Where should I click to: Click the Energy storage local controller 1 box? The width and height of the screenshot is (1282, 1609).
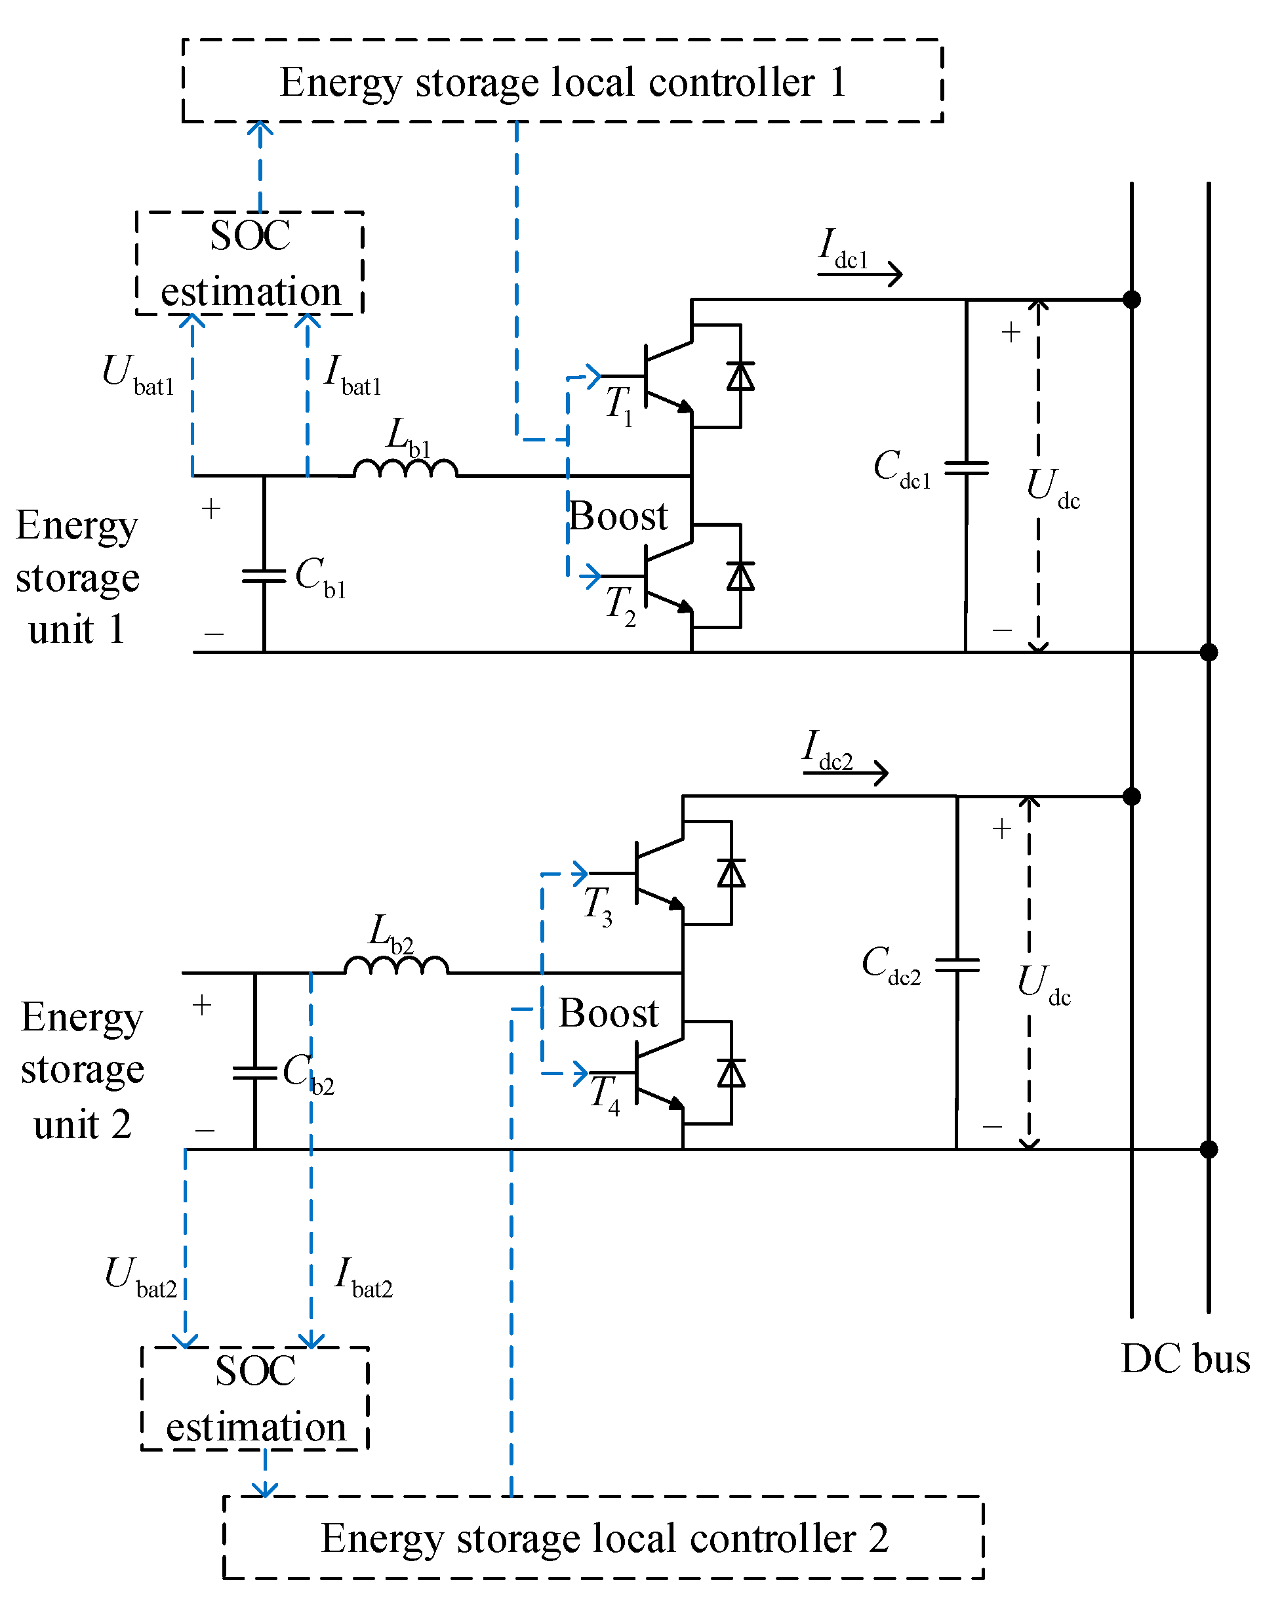pyautogui.click(x=562, y=81)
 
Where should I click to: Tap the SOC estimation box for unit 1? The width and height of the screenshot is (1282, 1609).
pyautogui.click(x=249, y=262)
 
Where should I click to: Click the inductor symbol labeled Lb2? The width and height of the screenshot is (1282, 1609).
pyautogui.click(x=395, y=966)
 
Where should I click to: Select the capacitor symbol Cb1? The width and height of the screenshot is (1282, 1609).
pyautogui.click(x=264, y=576)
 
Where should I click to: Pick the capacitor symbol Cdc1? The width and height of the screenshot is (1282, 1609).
pyautogui.click(x=966, y=468)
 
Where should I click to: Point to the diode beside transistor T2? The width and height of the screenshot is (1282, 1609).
pyautogui.click(x=740, y=576)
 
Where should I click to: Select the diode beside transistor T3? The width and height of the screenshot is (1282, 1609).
pyautogui.click(x=731, y=873)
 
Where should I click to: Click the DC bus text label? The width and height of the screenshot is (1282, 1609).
pyautogui.click(x=1185, y=1359)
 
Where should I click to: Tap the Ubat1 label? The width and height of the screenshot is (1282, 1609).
pyautogui.click(x=137, y=374)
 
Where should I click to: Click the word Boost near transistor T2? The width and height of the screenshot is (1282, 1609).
pyautogui.click(x=618, y=516)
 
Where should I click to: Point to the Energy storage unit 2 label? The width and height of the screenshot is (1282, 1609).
pyautogui.click(x=82, y=1069)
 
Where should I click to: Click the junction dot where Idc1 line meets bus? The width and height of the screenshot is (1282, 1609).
pyautogui.click(x=1131, y=299)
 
